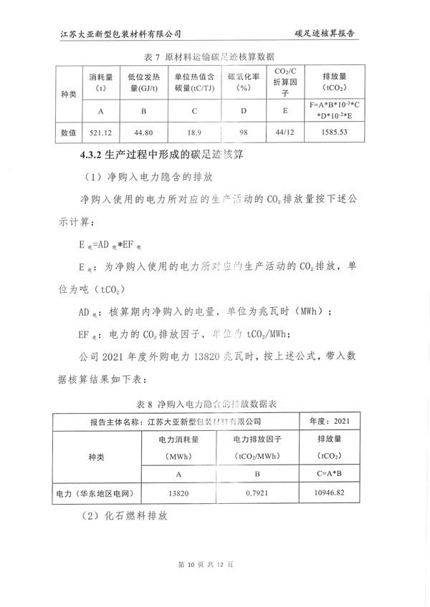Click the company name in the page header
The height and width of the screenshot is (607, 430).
121,34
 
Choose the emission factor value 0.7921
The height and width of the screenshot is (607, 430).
256,493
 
